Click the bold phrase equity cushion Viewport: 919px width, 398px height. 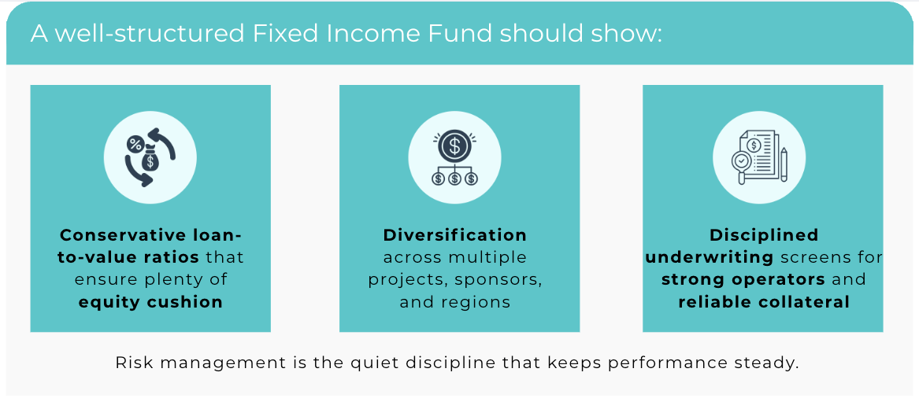pyautogui.click(x=150, y=302)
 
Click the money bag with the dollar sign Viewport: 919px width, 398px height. pyautogui.click(x=151, y=158)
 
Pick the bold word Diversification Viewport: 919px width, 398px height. pyautogui.click(x=455, y=234)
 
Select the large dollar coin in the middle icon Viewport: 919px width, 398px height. pyautogui.click(x=455, y=146)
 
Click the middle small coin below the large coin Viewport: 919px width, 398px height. pyautogui.click(x=455, y=179)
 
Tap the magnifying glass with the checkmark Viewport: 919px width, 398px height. pyautogui.click(x=743, y=164)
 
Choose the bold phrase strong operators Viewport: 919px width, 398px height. pyautogui.click(x=743, y=279)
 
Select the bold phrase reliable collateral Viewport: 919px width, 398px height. pyautogui.click(x=764, y=302)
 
